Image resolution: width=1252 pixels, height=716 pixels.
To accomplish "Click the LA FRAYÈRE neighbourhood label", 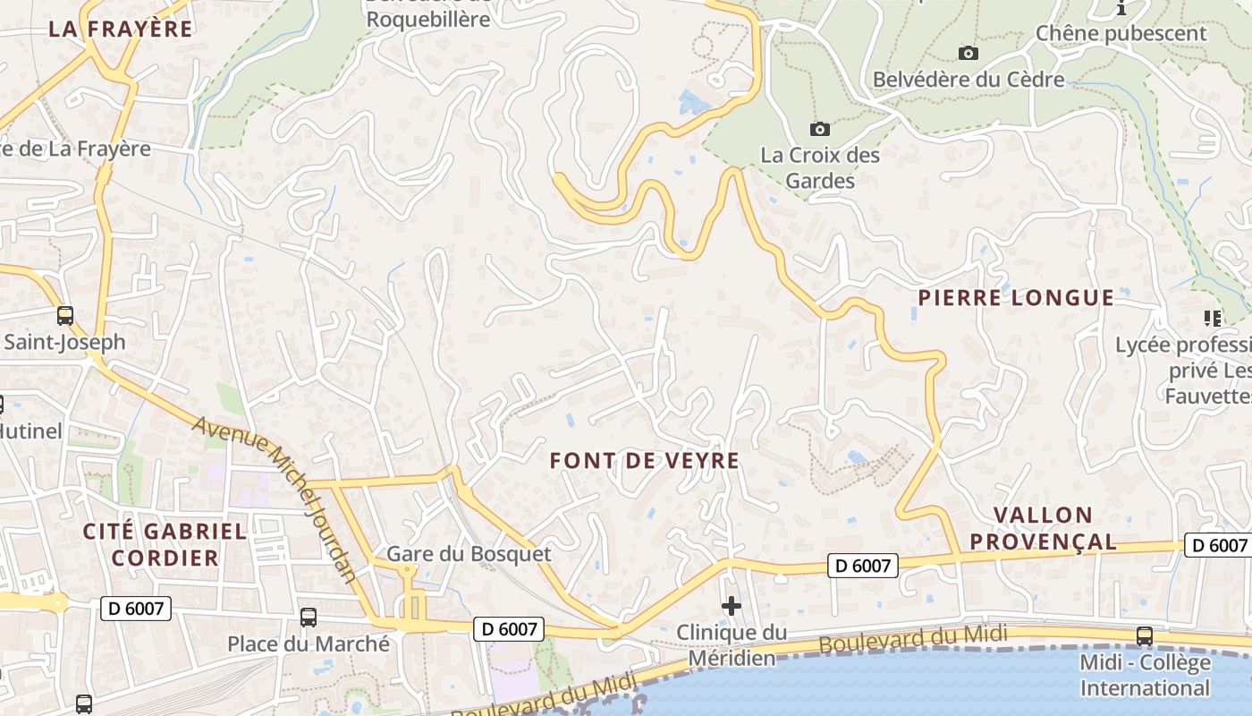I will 121,29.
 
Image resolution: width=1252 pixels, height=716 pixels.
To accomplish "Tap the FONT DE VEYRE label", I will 645,461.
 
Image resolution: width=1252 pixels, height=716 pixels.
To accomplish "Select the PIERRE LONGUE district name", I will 1016,298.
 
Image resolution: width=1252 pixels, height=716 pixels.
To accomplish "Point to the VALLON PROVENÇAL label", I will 1044,528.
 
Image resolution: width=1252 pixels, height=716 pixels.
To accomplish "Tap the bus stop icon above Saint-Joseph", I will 65,315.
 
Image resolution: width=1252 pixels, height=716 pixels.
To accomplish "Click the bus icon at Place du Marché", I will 309,617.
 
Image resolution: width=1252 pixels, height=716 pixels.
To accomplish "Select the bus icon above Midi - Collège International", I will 1144,635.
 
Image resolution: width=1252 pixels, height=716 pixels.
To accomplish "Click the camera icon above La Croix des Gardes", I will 819,129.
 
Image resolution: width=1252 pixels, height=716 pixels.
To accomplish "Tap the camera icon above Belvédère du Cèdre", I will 969,53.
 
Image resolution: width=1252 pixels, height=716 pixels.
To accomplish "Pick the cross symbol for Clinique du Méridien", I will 732,606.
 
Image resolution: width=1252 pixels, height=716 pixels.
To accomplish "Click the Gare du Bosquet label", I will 469,554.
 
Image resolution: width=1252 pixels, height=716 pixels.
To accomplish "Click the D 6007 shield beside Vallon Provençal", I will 1216,545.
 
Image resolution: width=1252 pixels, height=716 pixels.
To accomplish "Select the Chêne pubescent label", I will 1121,34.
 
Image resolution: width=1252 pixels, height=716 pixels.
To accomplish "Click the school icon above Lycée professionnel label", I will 1213,318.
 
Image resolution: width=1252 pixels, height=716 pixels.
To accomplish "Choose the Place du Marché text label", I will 309,644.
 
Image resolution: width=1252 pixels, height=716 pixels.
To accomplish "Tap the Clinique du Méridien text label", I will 732,645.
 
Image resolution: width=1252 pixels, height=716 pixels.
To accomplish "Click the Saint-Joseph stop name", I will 65,342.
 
